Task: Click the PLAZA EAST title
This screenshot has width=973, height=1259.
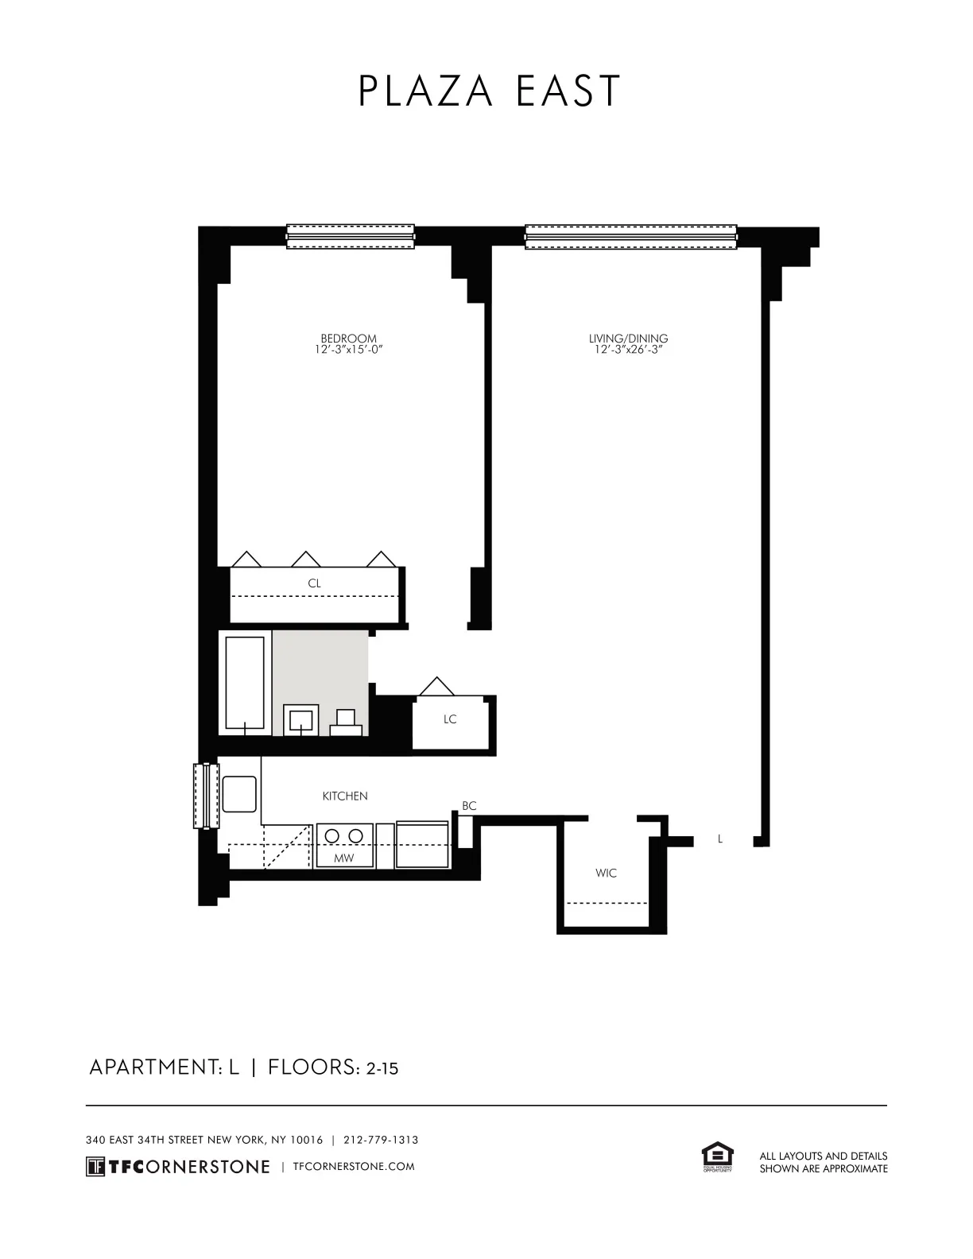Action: pos(488,91)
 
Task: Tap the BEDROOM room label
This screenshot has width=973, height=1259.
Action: pos(348,339)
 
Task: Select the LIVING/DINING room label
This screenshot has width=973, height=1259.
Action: pos(628,339)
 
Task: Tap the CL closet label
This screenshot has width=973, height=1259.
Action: pos(315,583)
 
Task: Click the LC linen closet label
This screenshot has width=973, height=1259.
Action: pos(450,719)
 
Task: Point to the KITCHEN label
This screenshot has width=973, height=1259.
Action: pos(345,796)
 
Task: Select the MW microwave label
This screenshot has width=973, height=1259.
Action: pos(344,858)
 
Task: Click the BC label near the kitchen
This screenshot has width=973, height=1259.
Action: pos(469,806)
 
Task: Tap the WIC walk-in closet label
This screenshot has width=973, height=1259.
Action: pos(606,873)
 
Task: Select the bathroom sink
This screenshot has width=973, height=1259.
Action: pos(301,720)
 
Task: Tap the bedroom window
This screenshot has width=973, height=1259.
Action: pos(351,236)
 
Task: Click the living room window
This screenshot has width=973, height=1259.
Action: pos(631,236)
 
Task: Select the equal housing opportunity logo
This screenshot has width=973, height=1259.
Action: pos(717,1157)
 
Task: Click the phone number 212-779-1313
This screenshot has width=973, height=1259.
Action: pos(381,1140)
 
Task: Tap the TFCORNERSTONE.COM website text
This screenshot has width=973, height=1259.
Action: pos(354,1167)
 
